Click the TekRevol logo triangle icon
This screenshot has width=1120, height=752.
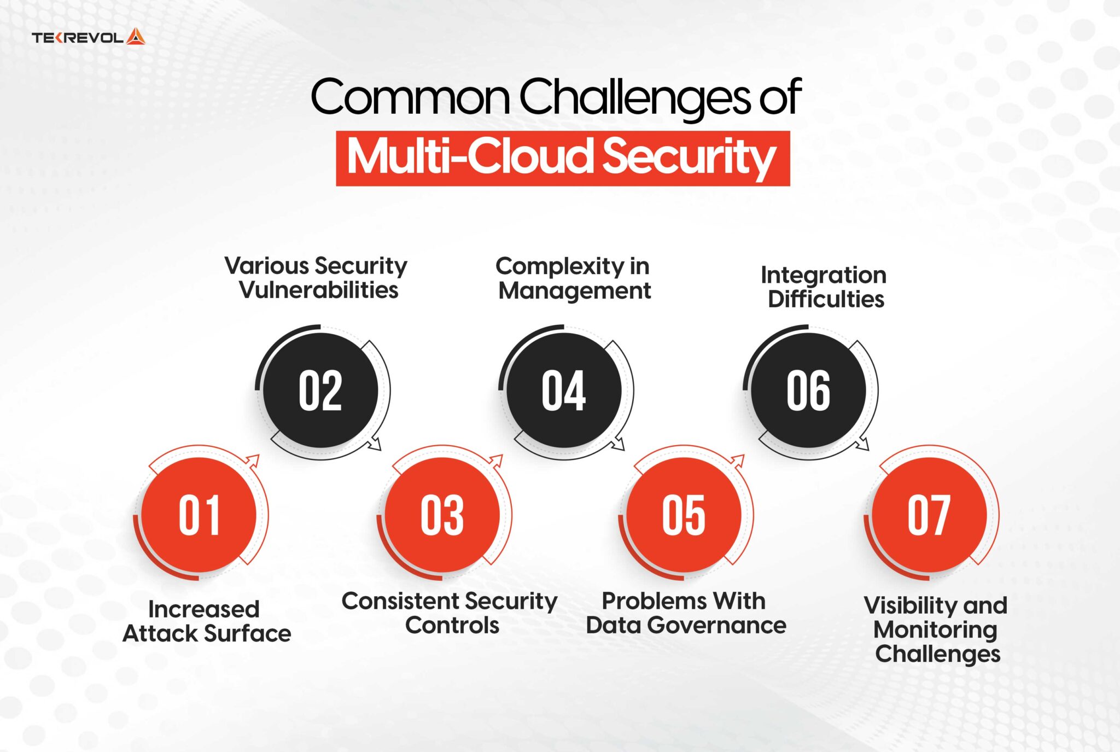point(136,37)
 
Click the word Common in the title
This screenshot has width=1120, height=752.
point(410,97)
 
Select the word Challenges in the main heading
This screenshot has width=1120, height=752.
point(635,97)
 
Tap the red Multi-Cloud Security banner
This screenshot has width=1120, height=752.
point(562,158)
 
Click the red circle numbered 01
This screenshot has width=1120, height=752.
point(199,515)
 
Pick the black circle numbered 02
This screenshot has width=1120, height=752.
point(320,390)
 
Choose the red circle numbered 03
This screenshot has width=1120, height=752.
point(442,515)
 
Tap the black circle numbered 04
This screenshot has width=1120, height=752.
point(564,390)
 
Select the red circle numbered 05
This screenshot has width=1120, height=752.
point(684,515)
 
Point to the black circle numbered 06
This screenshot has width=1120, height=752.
point(808,390)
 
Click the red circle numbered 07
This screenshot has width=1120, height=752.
point(929,515)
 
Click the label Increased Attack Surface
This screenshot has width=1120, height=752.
point(206,621)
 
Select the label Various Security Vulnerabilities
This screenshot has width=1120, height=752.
point(317,278)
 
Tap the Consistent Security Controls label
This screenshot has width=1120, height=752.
point(450,613)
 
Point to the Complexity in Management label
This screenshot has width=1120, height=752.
point(574,278)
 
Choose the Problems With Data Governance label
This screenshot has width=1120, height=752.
point(685,613)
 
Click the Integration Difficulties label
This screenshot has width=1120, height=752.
point(824,287)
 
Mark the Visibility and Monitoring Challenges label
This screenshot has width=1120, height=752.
point(936,629)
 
